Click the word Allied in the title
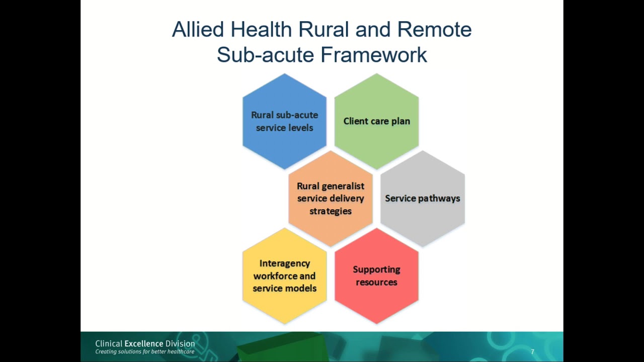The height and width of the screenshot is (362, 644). [198, 30]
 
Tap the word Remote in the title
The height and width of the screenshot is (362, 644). [434, 30]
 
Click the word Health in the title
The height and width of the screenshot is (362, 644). [261, 30]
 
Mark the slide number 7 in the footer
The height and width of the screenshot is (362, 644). [532, 352]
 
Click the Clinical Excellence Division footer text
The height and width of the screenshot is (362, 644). [145, 344]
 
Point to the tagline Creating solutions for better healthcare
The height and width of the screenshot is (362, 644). [145, 351]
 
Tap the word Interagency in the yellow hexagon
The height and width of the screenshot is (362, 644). [285, 263]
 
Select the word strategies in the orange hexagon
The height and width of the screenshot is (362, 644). [331, 211]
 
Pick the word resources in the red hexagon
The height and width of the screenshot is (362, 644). [376, 282]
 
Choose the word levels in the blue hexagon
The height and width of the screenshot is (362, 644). [300, 128]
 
